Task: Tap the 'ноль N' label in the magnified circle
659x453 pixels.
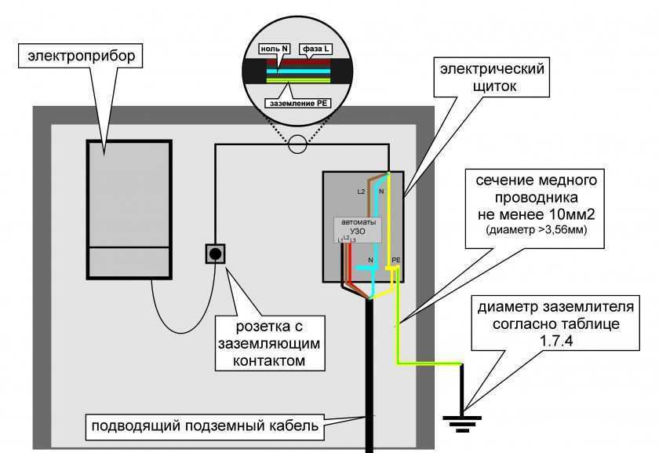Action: tap(277, 49)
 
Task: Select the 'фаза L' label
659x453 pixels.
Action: tap(315, 49)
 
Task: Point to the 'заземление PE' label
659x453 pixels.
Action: tap(297, 102)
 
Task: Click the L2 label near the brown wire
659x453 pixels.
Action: tap(361, 192)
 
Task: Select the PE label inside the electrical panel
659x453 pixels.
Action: tap(395, 259)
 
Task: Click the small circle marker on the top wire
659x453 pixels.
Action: tap(297, 144)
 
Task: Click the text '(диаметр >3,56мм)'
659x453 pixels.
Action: tap(537, 230)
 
